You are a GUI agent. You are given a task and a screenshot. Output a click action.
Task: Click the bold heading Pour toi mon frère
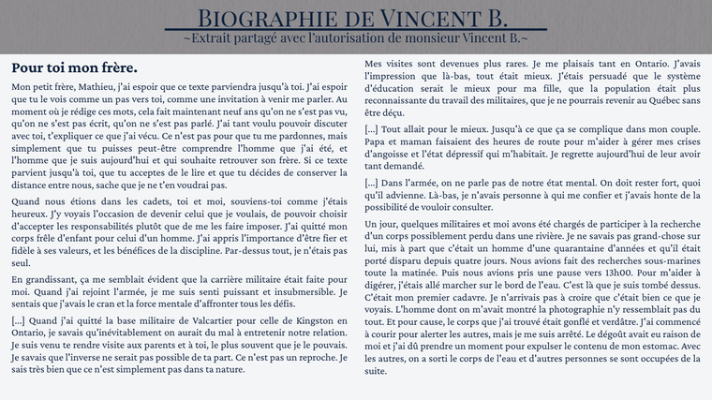point(74,68)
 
